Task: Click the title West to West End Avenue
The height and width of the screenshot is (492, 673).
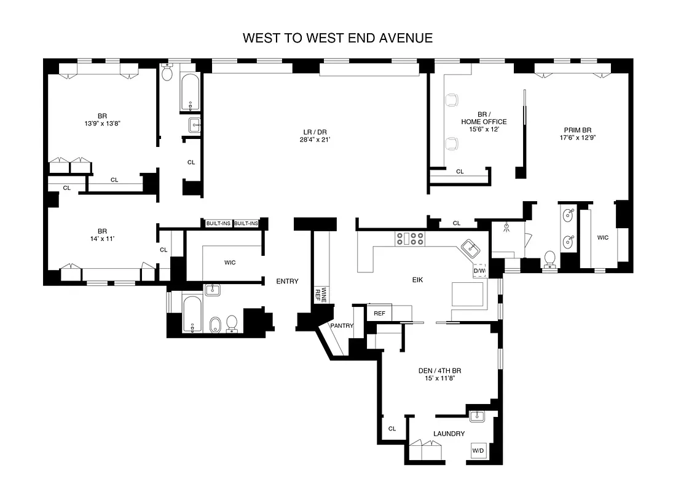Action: coord(337,38)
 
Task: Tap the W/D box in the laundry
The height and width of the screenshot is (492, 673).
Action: coord(478,451)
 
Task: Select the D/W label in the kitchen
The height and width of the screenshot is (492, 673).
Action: coord(479,271)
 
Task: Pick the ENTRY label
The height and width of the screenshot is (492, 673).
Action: coord(287,282)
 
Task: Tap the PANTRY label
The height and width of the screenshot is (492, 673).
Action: coord(341,326)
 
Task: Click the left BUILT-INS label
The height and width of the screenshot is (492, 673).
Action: coord(218,223)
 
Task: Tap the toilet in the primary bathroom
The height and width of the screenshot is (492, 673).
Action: coord(549,259)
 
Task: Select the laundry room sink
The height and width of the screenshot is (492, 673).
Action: coord(478,416)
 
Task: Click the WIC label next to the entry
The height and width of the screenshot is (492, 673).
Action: coord(229,263)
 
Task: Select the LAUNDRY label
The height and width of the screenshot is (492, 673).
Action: coord(449,434)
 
